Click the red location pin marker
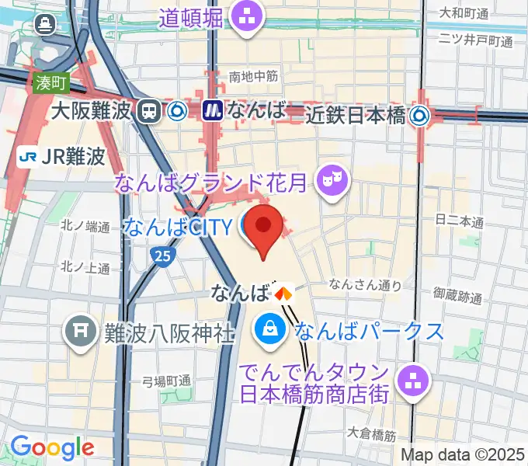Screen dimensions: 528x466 pos(264,226)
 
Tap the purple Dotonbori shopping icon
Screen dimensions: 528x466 pos(247,15)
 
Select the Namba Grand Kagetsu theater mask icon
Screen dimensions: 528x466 pos(334,183)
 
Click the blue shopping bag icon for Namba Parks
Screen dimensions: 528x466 pos(269,330)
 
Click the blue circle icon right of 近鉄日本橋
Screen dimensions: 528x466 pos(422,116)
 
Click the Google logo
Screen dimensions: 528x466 pos(52,447)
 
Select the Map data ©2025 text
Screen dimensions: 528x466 pos(463,456)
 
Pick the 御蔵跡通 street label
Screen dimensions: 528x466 pos(458,296)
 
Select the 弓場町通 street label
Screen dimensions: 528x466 pos(166,381)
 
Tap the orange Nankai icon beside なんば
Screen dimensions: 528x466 pos(283,293)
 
